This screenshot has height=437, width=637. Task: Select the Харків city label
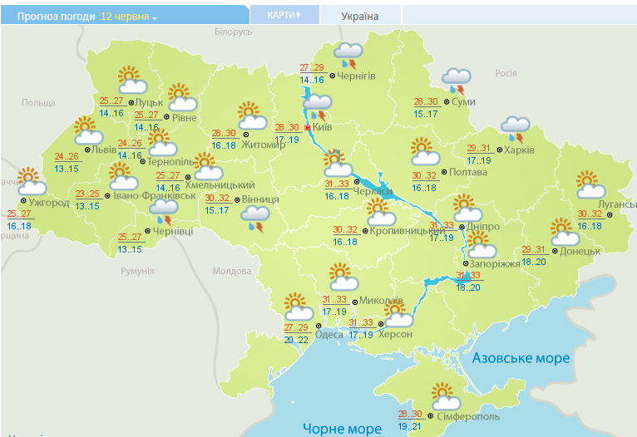[x=519, y=150]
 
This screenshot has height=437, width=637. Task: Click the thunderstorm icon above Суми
[x=457, y=80]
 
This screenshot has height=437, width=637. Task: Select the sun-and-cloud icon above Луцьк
[x=132, y=81]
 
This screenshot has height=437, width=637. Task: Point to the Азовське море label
[x=521, y=358]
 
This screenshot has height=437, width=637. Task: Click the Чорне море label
[x=341, y=428]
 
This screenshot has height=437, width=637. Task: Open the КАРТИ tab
[x=283, y=15]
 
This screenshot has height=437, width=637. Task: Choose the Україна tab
[x=359, y=16]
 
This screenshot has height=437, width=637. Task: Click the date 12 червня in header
[x=128, y=16]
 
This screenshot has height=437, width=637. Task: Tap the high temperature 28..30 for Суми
[x=426, y=102]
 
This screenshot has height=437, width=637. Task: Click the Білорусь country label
[x=233, y=32]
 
